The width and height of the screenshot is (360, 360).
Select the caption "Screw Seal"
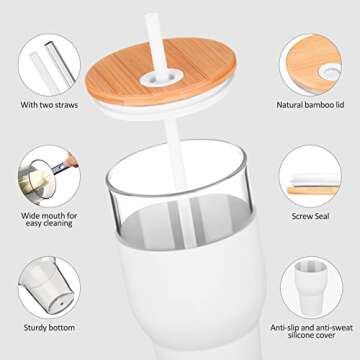[312, 214]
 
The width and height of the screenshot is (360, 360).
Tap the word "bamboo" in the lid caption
[316, 103]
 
